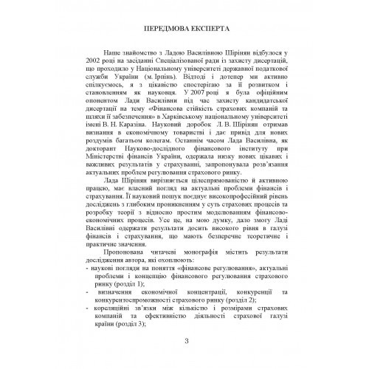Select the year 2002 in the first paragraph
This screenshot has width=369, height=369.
pos(94,87)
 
